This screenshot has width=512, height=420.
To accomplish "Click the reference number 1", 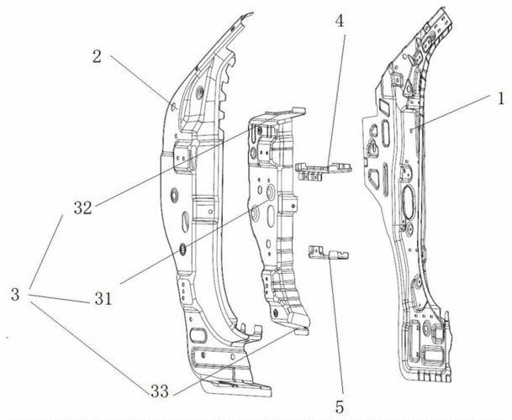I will (499, 97).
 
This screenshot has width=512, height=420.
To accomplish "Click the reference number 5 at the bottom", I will (339, 407).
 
